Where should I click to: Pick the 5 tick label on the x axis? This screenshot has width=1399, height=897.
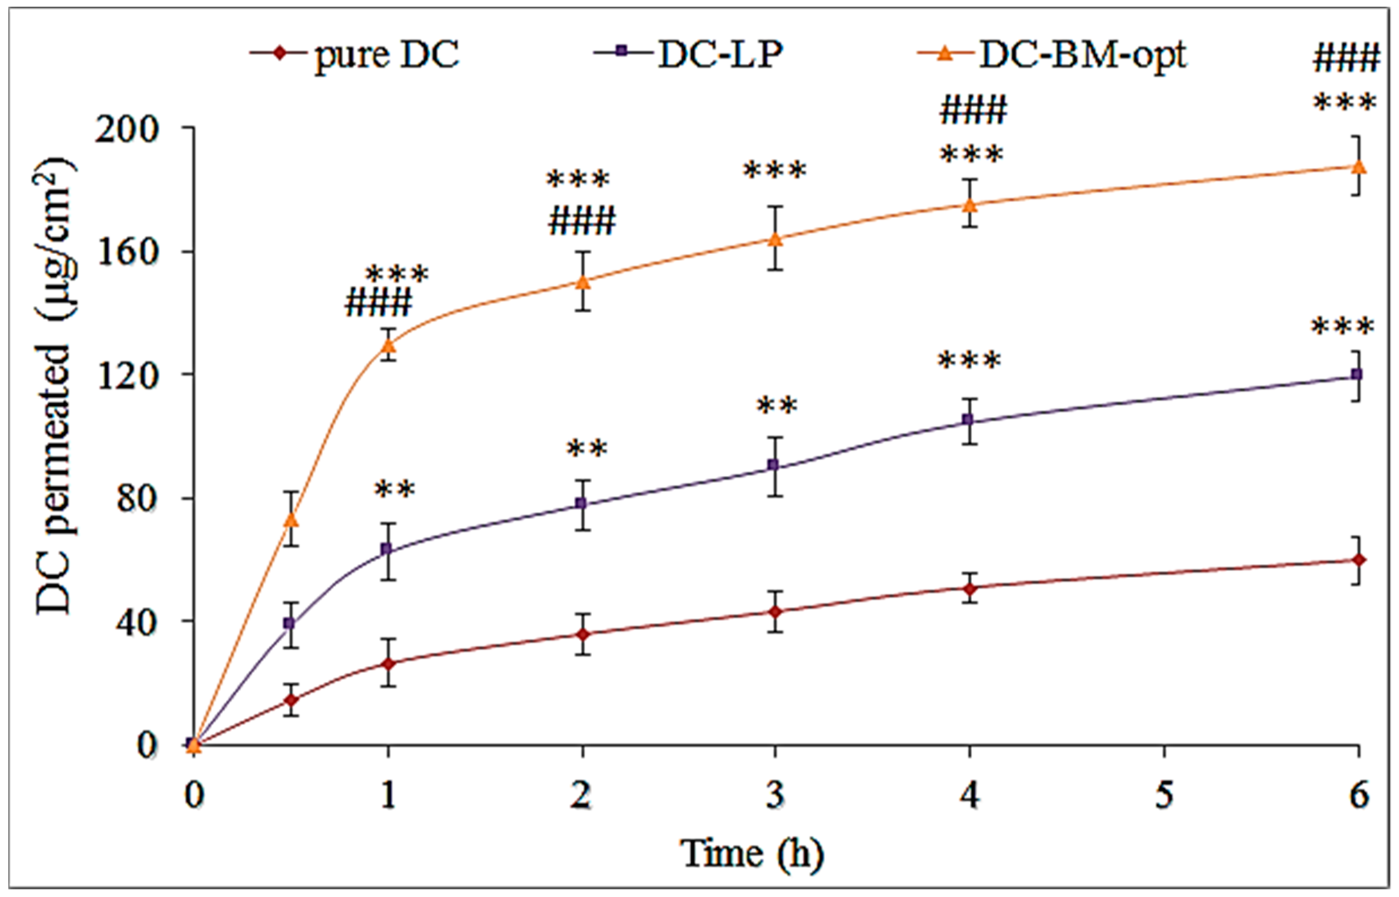pos(1164,795)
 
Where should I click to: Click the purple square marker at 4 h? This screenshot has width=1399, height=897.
pos(969,419)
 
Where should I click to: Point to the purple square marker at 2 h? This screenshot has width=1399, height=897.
pos(582,503)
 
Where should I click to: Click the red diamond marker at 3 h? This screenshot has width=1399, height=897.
pos(775,612)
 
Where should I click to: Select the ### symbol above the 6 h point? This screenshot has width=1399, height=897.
pos(1346,59)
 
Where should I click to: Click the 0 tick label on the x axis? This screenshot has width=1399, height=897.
pos(194,795)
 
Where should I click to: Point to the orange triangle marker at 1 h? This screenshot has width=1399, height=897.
pos(388,346)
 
